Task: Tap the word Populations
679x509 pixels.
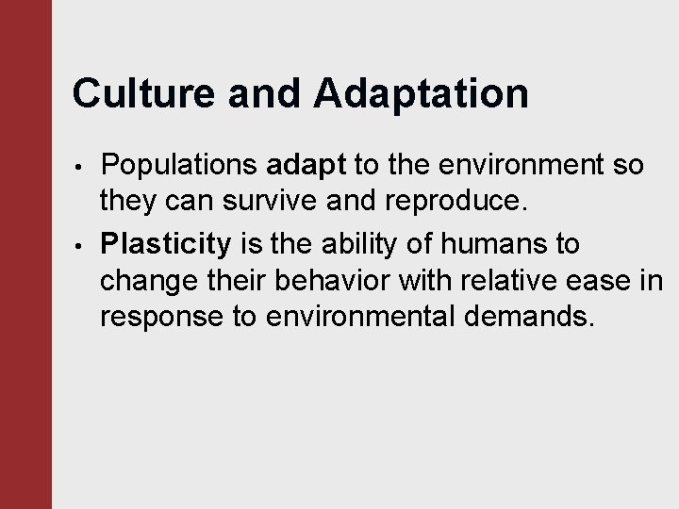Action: click(178, 167)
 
